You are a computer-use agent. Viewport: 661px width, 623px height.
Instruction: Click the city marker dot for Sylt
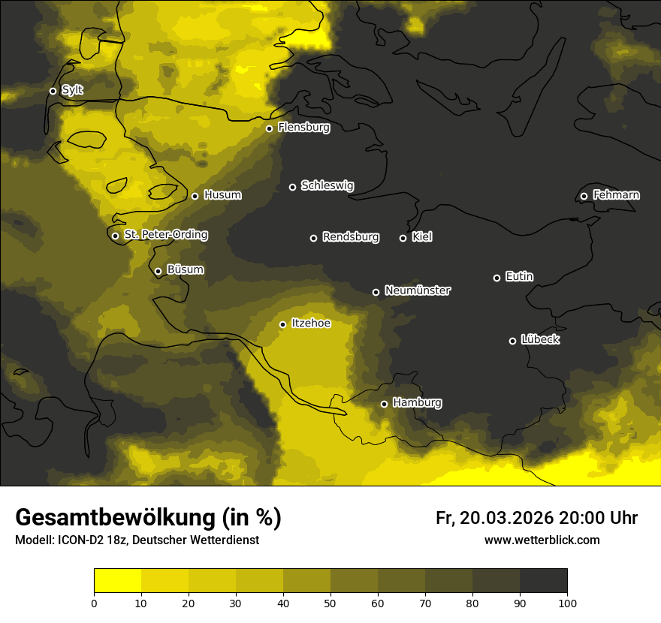click(x=53, y=91)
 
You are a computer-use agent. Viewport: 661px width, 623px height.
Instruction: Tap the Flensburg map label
click(x=303, y=128)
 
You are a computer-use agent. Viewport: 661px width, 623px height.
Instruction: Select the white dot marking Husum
click(x=195, y=196)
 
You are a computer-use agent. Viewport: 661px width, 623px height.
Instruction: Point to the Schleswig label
click(x=327, y=185)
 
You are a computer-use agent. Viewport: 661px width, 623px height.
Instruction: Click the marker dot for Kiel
click(x=403, y=238)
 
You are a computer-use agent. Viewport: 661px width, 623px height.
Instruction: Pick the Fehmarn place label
click(x=616, y=195)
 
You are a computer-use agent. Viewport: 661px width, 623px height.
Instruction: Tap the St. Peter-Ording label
click(x=165, y=235)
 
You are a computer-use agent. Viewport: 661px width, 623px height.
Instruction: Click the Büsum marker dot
click(x=158, y=272)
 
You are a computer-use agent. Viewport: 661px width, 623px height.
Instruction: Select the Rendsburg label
click(x=350, y=237)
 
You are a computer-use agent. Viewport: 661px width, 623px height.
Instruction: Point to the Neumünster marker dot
click(x=376, y=292)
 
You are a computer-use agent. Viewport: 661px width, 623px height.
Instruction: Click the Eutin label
click(x=519, y=276)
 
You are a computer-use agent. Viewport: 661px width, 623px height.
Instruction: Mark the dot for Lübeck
click(x=512, y=341)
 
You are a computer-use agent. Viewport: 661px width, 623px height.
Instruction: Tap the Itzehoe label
click(x=310, y=324)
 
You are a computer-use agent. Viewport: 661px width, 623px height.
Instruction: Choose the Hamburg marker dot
click(x=384, y=404)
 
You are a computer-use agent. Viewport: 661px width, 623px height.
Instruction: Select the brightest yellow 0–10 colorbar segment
click(x=117, y=580)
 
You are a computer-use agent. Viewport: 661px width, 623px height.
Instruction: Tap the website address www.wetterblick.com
click(x=542, y=540)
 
